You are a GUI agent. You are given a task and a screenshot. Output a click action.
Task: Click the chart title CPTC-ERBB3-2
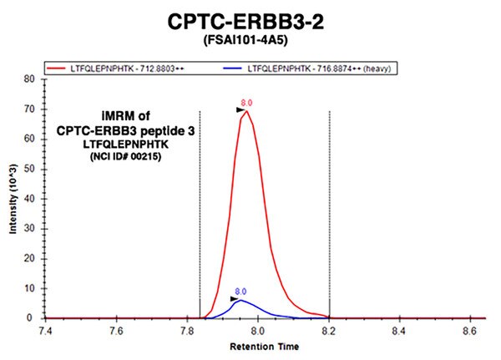[245, 22]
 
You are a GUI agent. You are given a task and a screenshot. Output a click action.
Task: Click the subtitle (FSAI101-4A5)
[245, 40]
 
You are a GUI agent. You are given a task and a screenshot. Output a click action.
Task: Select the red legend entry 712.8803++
[116, 68]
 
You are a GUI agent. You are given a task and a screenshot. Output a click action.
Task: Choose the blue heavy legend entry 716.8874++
[307, 68]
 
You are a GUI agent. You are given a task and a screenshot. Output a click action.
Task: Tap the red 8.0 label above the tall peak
[246, 103]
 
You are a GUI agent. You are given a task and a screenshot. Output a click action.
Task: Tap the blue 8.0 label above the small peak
[240, 292]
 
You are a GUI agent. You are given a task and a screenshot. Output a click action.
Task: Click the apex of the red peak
[246, 110]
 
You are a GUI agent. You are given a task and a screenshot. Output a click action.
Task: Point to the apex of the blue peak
[240, 300]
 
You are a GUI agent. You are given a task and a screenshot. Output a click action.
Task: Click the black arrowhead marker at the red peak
[240, 110]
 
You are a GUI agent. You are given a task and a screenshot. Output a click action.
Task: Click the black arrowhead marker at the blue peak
[234, 299]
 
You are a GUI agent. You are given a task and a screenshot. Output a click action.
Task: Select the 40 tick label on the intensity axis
[29, 199]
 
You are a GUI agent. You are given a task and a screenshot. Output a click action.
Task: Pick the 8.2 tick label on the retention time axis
[328, 330]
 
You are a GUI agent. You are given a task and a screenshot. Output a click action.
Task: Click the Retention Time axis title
[265, 347]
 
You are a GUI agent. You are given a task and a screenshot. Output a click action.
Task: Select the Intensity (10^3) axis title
[13, 199]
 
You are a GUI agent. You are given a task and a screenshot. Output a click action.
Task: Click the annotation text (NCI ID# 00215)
[126, 157]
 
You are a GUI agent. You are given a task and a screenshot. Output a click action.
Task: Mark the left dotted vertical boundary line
[200, 215]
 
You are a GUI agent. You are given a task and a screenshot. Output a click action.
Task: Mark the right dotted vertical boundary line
[330, 215]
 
